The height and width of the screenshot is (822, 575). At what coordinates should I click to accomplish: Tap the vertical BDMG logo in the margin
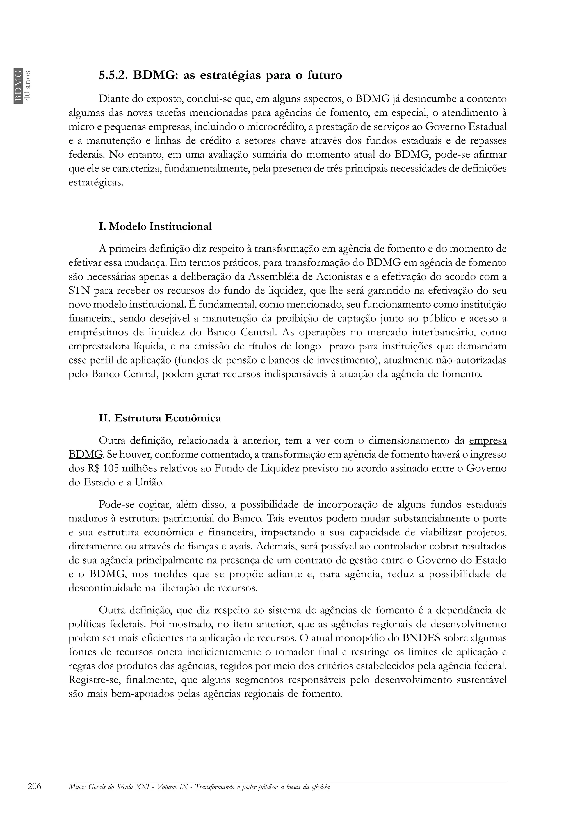(x=18, y=86)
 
